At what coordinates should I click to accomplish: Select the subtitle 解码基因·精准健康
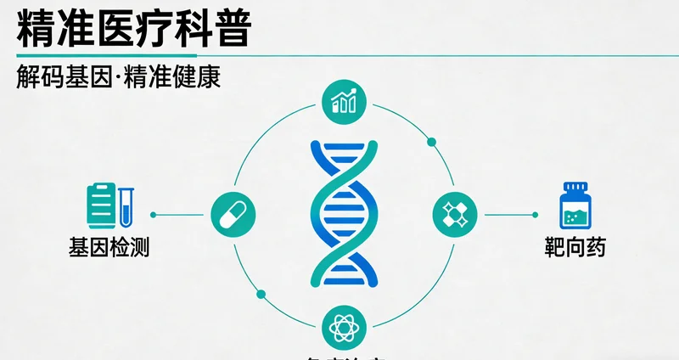pos(119,77)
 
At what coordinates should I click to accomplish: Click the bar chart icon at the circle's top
pos(345,102)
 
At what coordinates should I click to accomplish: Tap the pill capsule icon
pos(233,214)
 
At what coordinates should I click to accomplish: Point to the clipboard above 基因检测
pos(101,205)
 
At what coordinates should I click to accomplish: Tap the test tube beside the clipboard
pos(126,207)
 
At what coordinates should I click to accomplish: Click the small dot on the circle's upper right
pos(431,141)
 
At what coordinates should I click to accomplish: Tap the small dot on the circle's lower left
pos(261,295)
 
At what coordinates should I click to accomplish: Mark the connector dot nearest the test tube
pos(154,214)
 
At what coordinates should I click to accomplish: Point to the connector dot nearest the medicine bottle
pos(535,214)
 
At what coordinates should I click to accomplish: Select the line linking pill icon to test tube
pos(182,214)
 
